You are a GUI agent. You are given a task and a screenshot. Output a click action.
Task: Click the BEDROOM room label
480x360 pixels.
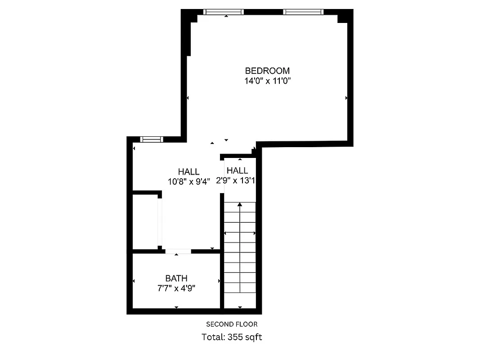[267, 71]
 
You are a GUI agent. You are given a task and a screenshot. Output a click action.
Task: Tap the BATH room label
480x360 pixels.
[176, 279]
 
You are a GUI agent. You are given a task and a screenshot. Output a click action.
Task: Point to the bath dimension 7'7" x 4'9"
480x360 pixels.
[176, 288]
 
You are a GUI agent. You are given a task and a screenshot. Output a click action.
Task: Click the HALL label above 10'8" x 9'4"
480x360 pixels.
[188, 171]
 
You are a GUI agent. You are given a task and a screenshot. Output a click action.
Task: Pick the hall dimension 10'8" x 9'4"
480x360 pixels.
[188, 181]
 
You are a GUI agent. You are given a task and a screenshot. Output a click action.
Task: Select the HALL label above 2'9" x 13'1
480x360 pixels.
[237, 171]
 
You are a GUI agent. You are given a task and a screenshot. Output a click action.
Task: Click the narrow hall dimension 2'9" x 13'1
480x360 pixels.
[238, 181]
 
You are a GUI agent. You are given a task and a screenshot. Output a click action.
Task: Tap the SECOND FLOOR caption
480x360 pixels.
[232, 324]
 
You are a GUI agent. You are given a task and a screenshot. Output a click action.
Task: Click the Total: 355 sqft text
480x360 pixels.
[232, 337]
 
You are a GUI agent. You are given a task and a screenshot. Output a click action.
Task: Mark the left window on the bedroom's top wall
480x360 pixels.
[223, 12]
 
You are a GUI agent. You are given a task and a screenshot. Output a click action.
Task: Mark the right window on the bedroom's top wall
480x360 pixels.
[303, 12]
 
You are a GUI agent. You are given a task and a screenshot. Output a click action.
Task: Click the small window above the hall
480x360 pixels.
[151, 139]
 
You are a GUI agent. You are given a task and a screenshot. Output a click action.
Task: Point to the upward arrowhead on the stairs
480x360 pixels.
[240, 205]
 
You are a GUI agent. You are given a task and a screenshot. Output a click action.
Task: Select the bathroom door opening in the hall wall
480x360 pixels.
[178, 251]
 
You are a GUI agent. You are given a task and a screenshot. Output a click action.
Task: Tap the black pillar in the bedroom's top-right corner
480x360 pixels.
[344, 17]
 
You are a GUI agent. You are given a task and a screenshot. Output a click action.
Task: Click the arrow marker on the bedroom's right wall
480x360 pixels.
[346, 98]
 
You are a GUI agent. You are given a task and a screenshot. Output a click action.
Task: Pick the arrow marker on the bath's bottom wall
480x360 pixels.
[176, 307]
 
